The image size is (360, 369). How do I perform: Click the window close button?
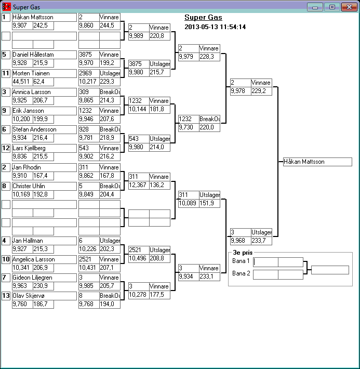[348, 7]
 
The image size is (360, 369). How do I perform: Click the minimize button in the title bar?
[315, 7]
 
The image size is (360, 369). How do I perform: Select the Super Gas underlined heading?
[203, 18]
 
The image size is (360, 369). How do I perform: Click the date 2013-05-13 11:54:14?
[215, 27]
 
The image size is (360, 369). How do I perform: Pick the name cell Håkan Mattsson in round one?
[44, 17]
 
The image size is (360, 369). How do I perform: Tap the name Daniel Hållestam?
[44, 55]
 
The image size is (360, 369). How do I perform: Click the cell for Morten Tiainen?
[44, 73]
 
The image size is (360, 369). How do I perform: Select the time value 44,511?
[22, 82]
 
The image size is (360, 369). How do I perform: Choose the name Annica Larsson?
[44, 92]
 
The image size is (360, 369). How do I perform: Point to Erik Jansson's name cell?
[44, 111]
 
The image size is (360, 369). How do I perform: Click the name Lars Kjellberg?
[44, 148]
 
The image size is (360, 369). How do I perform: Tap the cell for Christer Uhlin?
[44, 186]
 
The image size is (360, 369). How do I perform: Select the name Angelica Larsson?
[44, 259]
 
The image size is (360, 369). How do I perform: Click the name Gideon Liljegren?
[44, 278]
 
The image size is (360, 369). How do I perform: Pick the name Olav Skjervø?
[44, 296]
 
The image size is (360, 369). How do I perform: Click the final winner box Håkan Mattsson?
[317, 162]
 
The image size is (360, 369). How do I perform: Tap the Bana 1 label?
[241, 261]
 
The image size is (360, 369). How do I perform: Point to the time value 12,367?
[138, 185]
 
